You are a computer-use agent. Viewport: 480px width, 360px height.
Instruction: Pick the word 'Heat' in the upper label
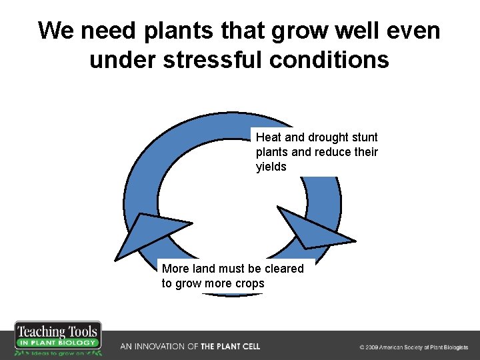pos(269,137)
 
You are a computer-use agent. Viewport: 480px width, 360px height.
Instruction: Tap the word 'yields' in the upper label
pos(271,167)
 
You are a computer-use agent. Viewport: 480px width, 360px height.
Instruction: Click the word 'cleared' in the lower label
pos(282,269)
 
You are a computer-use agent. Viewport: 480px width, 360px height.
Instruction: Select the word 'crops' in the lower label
pos(249,283)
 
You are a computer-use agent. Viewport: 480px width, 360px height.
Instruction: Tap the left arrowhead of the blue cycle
pos(147,233)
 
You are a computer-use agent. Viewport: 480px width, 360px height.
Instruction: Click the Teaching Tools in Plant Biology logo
pos(59,339)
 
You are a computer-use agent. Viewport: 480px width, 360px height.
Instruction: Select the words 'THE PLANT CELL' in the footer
pos(231,347)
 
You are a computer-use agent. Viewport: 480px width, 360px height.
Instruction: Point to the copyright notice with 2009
pos(413,347)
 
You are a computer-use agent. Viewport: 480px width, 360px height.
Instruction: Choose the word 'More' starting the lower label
pos(175,269)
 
